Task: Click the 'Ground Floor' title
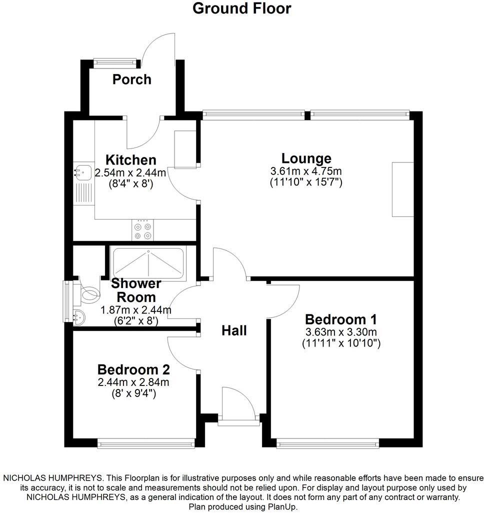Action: [241, 8]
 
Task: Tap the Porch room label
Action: [131, 79]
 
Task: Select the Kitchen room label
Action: [130, 160]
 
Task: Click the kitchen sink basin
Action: [82, 171]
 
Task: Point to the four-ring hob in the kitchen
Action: [142, 231]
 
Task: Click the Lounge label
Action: [306, 158]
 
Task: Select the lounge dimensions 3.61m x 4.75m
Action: [306, 171]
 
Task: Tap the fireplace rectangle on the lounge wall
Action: [402, 189]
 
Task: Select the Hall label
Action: [234, 330]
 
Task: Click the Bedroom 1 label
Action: [341, 319]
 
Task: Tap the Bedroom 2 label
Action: [133, 370]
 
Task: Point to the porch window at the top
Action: [115, 62]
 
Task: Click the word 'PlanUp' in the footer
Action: [282, 507]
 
